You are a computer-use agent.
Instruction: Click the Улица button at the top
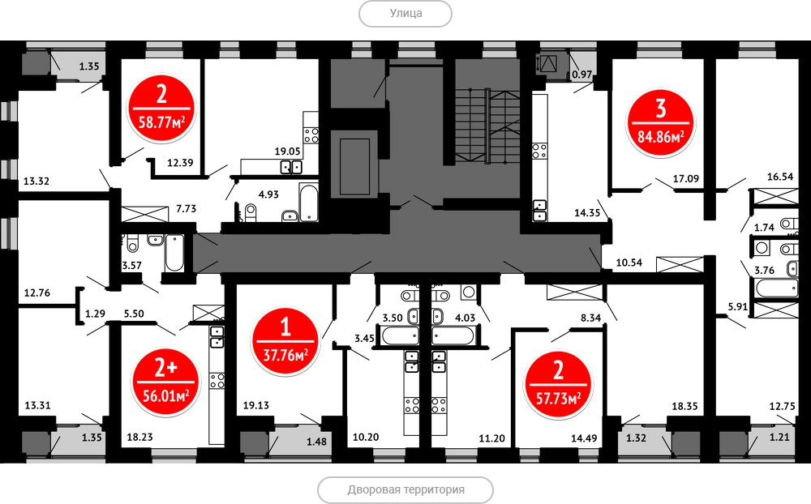pyautogui.click(x=405, y=14)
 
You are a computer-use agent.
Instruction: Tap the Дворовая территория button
pyautogui.click(x=405, y=489)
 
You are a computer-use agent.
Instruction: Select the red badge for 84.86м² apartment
pyautogui.click(x=661, y=123)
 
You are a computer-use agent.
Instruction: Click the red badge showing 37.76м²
pyautogui.click(x=285, y=341)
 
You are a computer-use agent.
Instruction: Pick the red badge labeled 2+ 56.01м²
pyautogui.click(x=166, y=382)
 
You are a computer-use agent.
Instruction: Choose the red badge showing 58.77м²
pyautogui.click(x=161, y=109)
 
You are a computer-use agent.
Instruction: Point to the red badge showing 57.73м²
pyautogui.click(x=558, y=385)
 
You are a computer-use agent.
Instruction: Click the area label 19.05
pyautogui.click(x=288, y=152)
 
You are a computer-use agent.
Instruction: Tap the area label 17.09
pyautogui.click(x=686, y=179)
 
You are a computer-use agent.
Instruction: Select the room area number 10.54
pyautogui.click(x=629, y=263)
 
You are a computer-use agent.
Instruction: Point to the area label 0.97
pyautogui.click(x=581, y=75)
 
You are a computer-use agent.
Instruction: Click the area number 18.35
pyautogui.click(x=684, y=406)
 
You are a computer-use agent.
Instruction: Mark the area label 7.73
pyautogui.click(x=187, y=209)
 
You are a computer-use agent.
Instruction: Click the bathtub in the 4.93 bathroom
pyautogui.click(x=308, y=203)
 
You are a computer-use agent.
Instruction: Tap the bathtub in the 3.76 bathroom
pyautogui.click(x=777, y=288)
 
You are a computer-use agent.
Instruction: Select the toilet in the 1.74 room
pyautogui.click(x=790, y=224)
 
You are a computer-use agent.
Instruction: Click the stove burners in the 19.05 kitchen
pyautogui.click(x=311, y=135)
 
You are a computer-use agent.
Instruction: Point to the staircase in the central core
pyautogui.click(x=487, y=126)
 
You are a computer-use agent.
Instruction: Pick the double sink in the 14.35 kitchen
pyautogui.click(x=539, y=210)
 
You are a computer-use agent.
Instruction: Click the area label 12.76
pyautogui.click(x=37, y=293)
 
